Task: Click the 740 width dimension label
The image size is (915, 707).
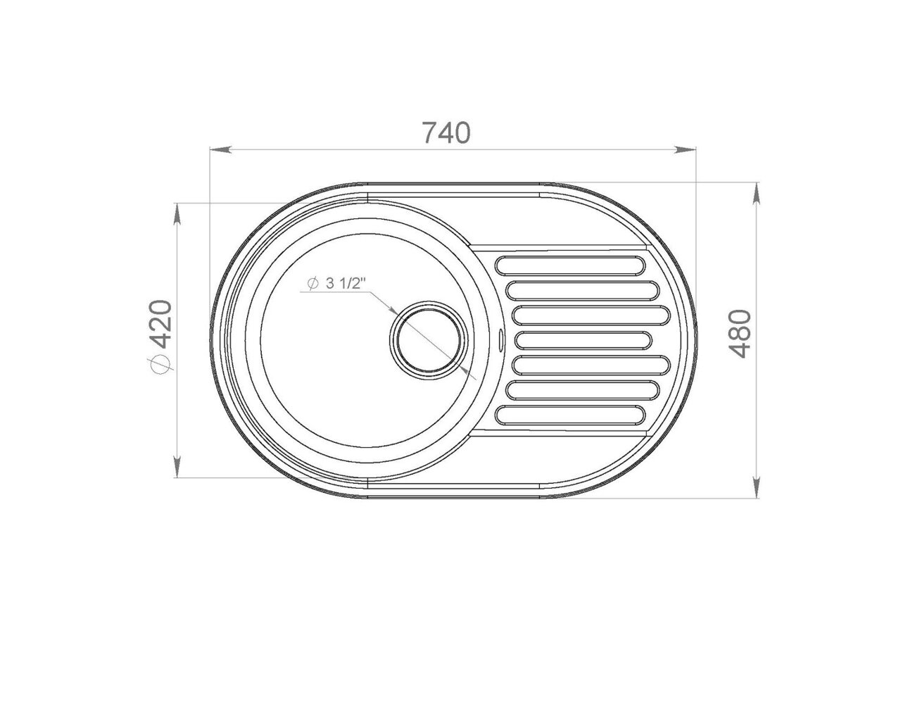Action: [x=446, y=132]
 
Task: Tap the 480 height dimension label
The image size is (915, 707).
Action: [x=740, y=334]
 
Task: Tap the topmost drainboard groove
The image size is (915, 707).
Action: [x=570, y=265]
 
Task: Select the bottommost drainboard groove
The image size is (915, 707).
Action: [x=570, y=415]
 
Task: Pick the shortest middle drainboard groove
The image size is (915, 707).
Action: [x=583, y=340]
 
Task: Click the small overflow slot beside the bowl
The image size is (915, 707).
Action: [x=500, y=340]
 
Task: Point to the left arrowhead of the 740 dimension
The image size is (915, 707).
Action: [x=220, y=149]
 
